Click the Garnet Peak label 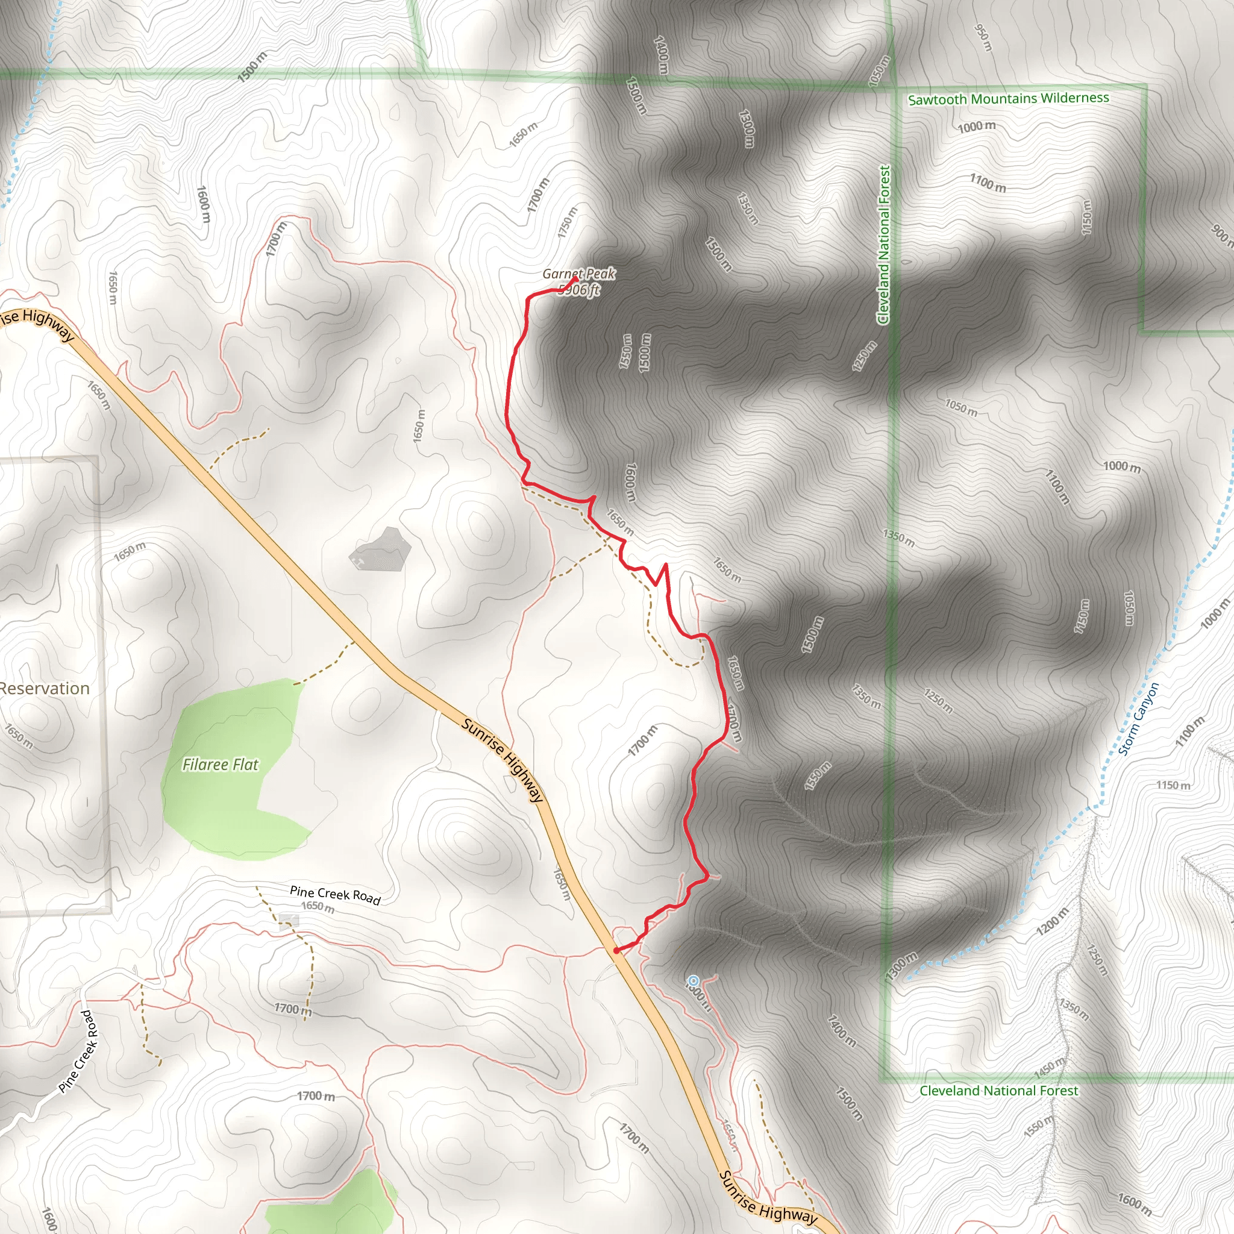(578, 274)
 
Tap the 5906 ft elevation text (578, 290)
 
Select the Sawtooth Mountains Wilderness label (1009, 99)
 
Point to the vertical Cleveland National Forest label (884, 245)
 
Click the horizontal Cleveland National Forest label (998, 1091)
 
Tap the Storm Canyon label (1138, 719)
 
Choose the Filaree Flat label (221, 765)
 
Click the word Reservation (45, 689)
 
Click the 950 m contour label (983, 39)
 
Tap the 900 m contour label (1221, 234)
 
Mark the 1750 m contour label (567, 222)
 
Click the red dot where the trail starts (616, 950)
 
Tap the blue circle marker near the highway (693, 980)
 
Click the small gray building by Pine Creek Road (289, 921)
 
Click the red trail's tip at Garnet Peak (576, 279)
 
